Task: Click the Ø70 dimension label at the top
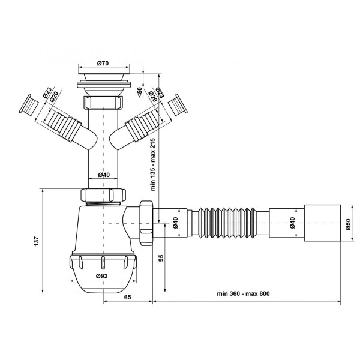(103, 63)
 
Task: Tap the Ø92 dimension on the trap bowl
(102, 276)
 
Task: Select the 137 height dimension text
(37, 241)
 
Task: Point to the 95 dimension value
(161, 258)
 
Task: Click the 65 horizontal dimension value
(127, 297)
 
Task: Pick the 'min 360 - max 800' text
(244, 293)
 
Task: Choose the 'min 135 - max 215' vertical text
(153, 164)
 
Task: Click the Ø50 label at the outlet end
(348, 224)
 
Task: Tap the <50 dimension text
(140, 92)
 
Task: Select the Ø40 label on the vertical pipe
(104, 175)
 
